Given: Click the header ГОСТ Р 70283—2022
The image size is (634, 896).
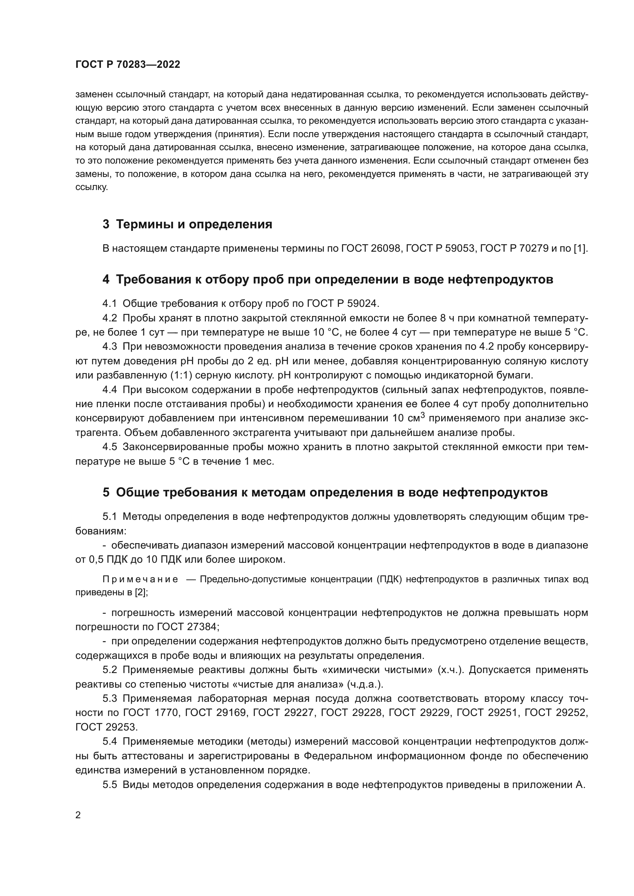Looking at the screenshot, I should pos(128,65).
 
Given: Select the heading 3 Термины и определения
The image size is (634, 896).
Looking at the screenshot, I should pos(187,224).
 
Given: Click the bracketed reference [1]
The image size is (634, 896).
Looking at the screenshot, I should pos(580,249).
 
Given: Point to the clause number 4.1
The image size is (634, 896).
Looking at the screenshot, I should pos(110,303).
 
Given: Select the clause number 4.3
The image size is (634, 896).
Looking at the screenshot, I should pos(110,347).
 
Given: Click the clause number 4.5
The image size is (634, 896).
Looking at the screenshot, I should pos(110,447).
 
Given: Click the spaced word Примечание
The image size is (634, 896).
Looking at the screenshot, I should pos(141,580).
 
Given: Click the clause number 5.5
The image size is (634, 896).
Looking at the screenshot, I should pos(110,785).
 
